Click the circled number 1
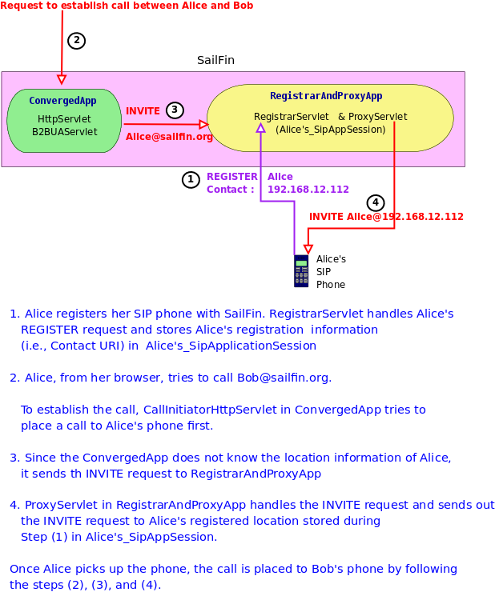click(191, 180)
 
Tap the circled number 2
click(76, 41)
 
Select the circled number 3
click(175, 110)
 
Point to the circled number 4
click(376, 203)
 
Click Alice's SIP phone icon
click(301, 270)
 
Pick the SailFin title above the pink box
click(215, 61)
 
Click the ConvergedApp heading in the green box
click(62, 101)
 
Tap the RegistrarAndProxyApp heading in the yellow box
click(326, 96)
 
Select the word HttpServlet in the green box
click(64, 118)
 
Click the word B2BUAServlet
click(64, 131)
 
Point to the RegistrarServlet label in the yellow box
click(292, 117)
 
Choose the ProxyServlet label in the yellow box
click(377, 117)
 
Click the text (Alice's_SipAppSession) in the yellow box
click(331, 129)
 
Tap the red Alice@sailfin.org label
click(169, 137)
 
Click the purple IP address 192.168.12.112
click(308, 190)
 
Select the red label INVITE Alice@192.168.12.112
click(386, 217)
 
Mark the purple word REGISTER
click(232, 177)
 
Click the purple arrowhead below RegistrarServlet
click(260, 128)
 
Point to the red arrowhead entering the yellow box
click(203, 124)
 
